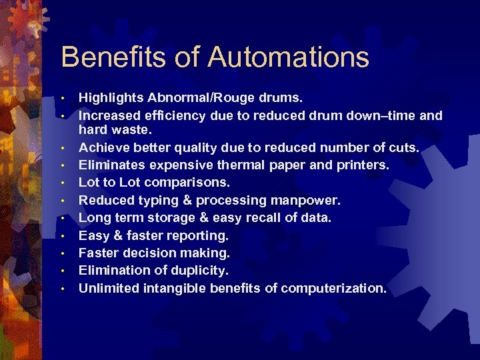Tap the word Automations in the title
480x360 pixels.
[288, 57]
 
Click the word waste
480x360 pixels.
[127, 130]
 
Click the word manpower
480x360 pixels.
[308, 200]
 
